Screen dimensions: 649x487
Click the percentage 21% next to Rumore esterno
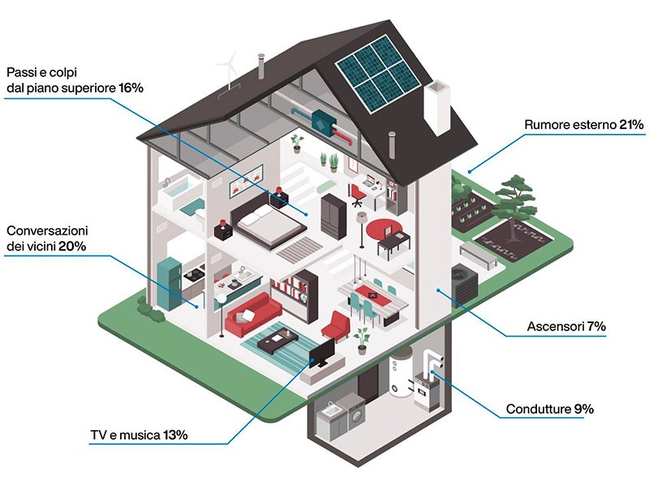[631, 125]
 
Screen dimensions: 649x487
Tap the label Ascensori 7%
[566, 326]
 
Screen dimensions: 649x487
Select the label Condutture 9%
[550, 409]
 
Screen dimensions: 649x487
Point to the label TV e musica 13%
[139, 435]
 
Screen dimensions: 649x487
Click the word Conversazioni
[47, 231]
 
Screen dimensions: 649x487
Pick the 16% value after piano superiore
[131, 88]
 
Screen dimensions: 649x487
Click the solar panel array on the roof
[377, 73]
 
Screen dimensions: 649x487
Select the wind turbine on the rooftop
[228, 71]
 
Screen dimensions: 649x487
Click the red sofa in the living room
[252, 314]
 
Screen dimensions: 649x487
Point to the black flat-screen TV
[322, 353]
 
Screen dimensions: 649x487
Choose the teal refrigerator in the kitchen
[170, 284]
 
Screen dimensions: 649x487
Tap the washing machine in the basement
[356, 415]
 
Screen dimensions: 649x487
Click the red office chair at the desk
[356, 195]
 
